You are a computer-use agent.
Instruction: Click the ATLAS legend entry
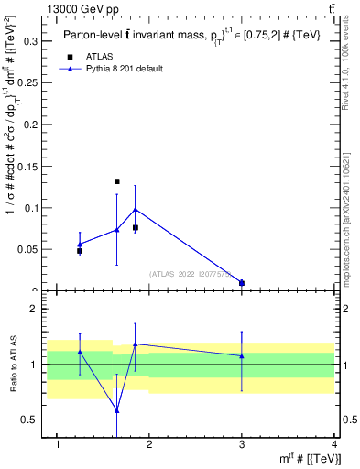pyautogui.click(x=100, y=56)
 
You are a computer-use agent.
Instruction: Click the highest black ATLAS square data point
pyautogui.click(x=116, y=181)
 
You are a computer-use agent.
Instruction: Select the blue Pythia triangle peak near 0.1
pyautogui.click(x=135, y=209)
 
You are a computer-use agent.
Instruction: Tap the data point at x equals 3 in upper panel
pyautogui.click(x=242, y=283)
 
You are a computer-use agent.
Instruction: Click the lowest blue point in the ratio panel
pyautogui.click(x=116, y=410)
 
